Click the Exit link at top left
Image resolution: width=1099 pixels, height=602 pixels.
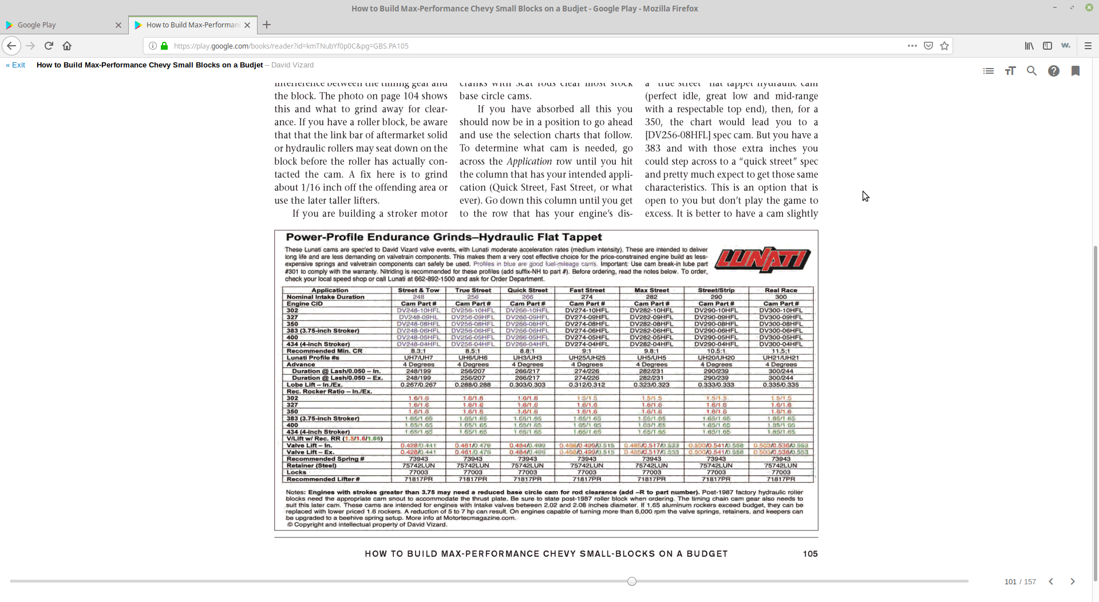[16, 65]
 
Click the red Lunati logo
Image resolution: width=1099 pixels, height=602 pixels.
[762, 260]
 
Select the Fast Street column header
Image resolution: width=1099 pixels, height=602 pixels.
[587, 290]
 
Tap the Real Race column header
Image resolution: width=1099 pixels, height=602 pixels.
[781, 290]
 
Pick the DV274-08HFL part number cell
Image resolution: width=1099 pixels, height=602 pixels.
[587, 324]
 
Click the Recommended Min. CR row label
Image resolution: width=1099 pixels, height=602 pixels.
[324, 351]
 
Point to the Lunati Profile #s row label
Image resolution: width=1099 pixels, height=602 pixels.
[313, 358]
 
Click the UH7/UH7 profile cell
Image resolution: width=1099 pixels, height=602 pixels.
[418, 358]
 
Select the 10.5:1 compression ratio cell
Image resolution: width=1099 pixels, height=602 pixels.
[716, 351]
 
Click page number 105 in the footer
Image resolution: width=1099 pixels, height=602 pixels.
[810, 554]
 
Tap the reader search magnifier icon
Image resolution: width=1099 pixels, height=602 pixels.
[1031, 71]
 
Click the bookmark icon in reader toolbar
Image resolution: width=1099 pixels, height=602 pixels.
[1076, 71]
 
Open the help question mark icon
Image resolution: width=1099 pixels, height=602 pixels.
[1054, 71]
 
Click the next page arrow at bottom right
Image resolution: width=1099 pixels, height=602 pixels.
[1073, 581]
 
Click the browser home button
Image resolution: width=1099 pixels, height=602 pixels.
[67, 46]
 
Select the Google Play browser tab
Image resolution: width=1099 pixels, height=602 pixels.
[63, 25]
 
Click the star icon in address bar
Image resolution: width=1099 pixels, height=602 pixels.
[944, 46]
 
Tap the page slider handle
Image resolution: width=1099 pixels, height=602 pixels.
[631, 581]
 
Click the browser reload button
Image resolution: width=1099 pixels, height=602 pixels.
[49, 46]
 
